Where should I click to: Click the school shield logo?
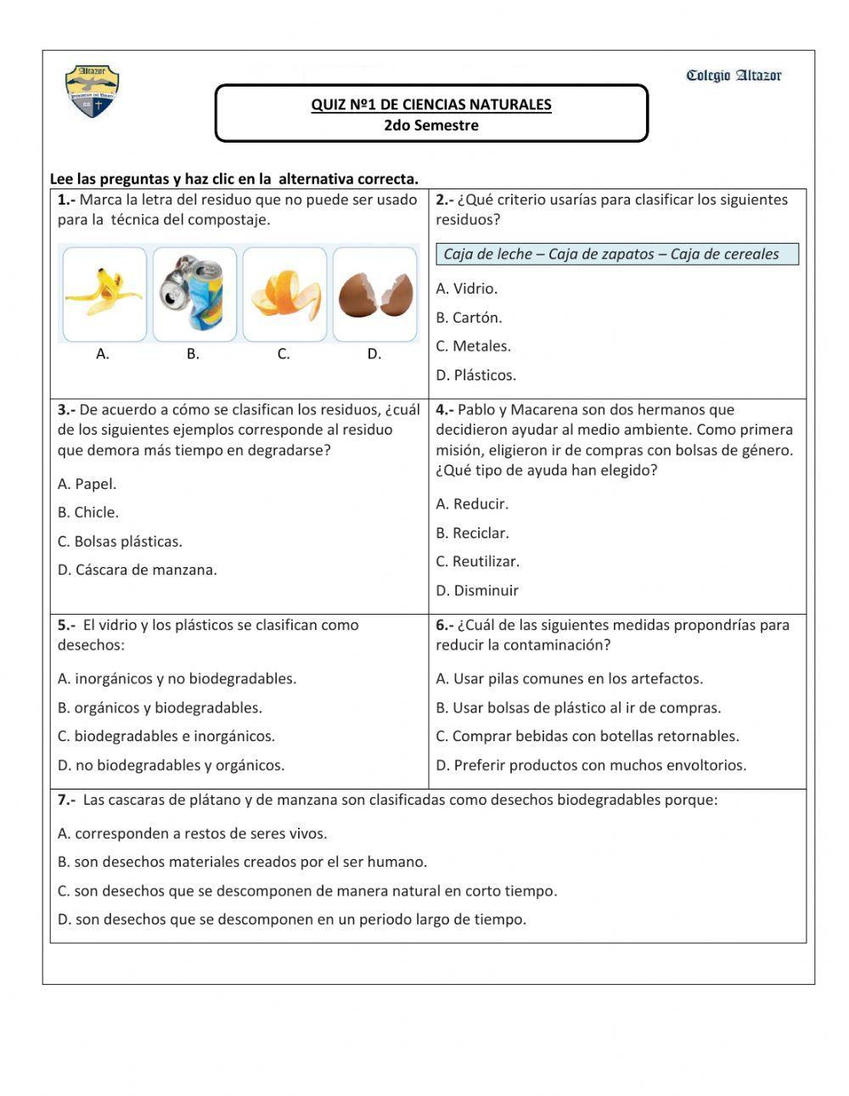(x=92, y=91)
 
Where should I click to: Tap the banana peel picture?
(x=104, y=294)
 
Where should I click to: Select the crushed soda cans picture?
(x=194, y=294)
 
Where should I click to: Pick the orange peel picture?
(x=285, y=294)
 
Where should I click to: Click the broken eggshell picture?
(x=375, y=294)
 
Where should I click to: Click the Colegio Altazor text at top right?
(x=734, y=76)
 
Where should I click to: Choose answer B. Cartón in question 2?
(x=469, y=318)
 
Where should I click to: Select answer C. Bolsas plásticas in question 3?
(x=120, y=542)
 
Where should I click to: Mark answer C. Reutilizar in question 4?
(x=477, y=561)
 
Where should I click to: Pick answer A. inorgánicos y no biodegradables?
(x=177, y=678)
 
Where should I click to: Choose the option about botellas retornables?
(x=587, y=736)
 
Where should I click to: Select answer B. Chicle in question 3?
(x=88, y=513)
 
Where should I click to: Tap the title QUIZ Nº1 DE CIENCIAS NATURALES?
(x=431, y=104)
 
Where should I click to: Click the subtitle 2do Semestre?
(x=431, y=126)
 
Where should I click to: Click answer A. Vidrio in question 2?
(x=467, y=289)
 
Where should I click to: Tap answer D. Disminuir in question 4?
(x=477, y=590)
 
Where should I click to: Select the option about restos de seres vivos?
(x=192, y=834)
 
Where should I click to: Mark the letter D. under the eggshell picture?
(x=374, y=354)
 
